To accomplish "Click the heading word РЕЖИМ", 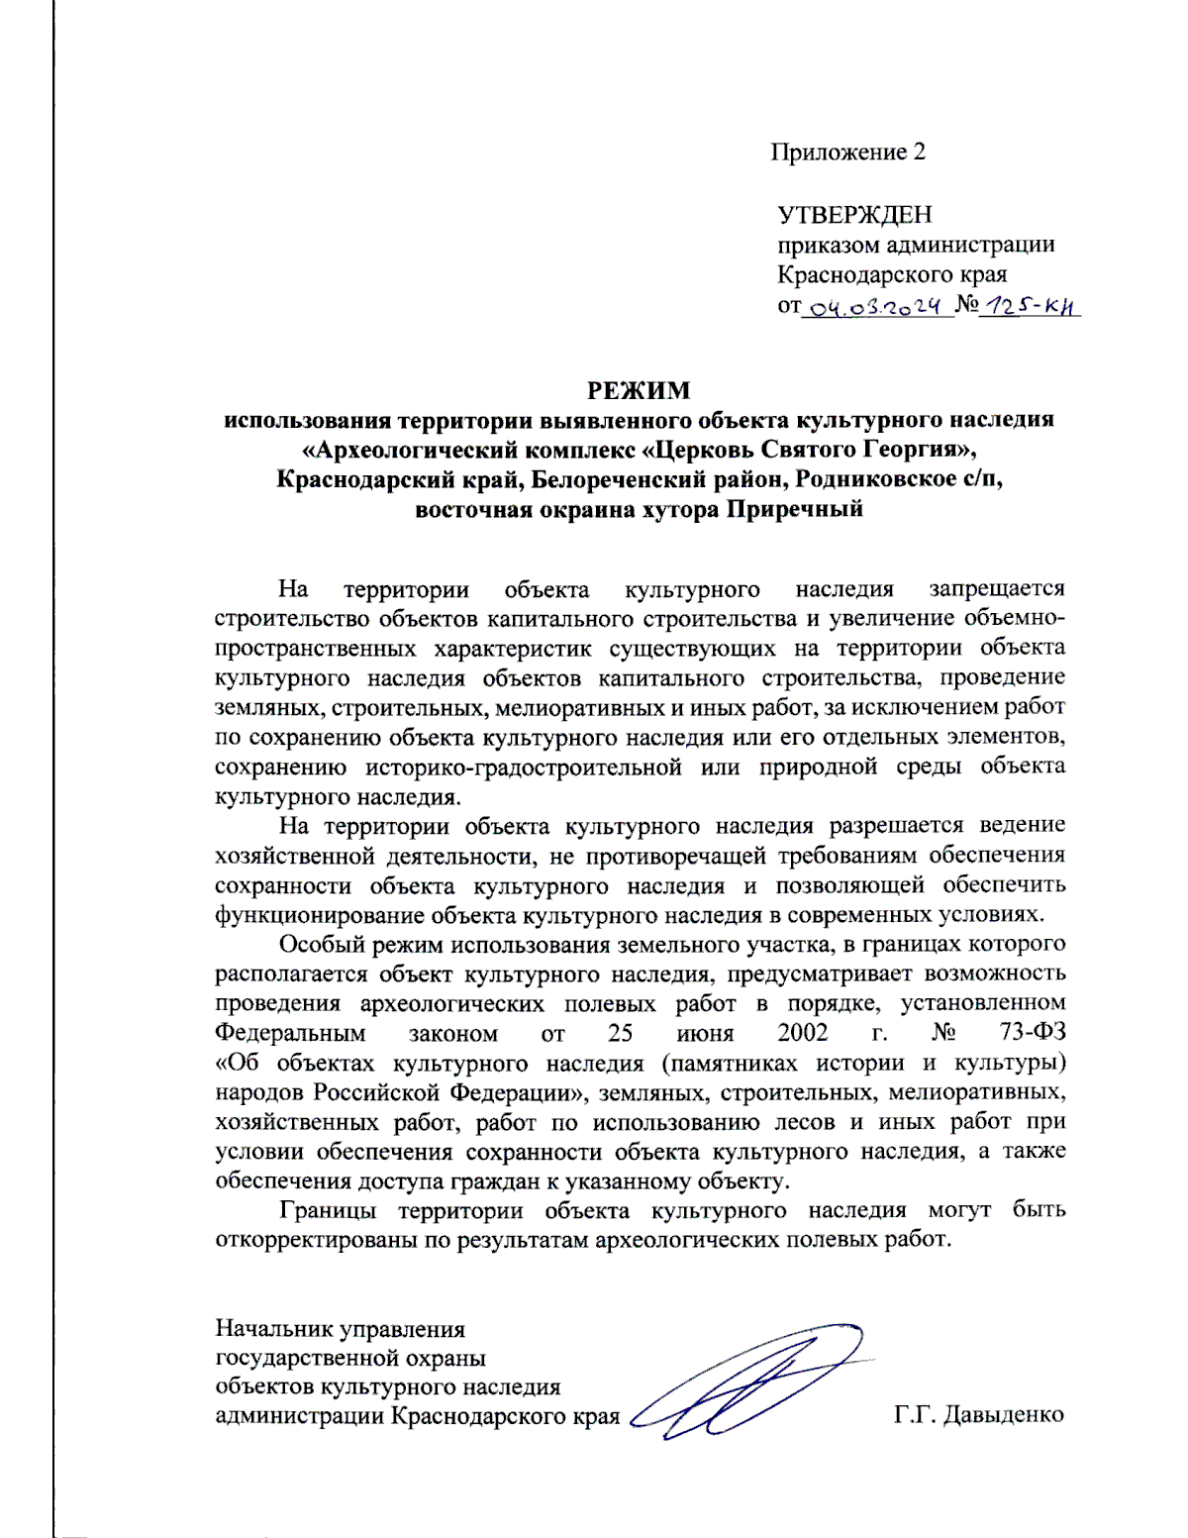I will tap(638, 390).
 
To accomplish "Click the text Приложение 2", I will tap(848, 152).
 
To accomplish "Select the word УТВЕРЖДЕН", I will tap(854, 215).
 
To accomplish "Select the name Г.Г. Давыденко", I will tap(978, 1414).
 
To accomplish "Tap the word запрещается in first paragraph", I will tap(996, 589).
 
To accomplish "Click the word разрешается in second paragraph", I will tap(896, 826).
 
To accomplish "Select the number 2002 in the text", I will tap(802, 1033).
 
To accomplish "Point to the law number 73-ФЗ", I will tap(1033, 1033).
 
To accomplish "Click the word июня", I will tap(705, 1033).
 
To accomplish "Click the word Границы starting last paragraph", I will tap(328, 1210).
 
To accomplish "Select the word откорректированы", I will tap(316, 1240).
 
